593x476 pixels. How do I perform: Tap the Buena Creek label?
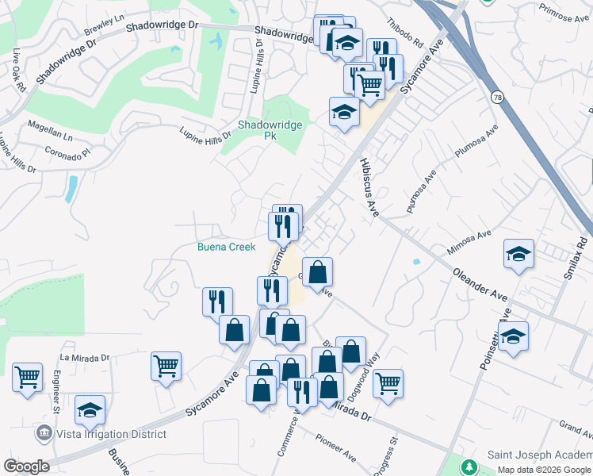point(227,248)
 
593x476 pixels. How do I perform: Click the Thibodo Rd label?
point(405,32)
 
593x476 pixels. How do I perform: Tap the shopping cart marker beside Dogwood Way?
point(388,383)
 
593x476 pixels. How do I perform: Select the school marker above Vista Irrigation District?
point(90,409)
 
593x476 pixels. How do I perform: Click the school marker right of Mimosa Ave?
point(518,254)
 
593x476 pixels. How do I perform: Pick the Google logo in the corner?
point(26,466)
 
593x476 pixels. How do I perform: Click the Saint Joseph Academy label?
point(538,454)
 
